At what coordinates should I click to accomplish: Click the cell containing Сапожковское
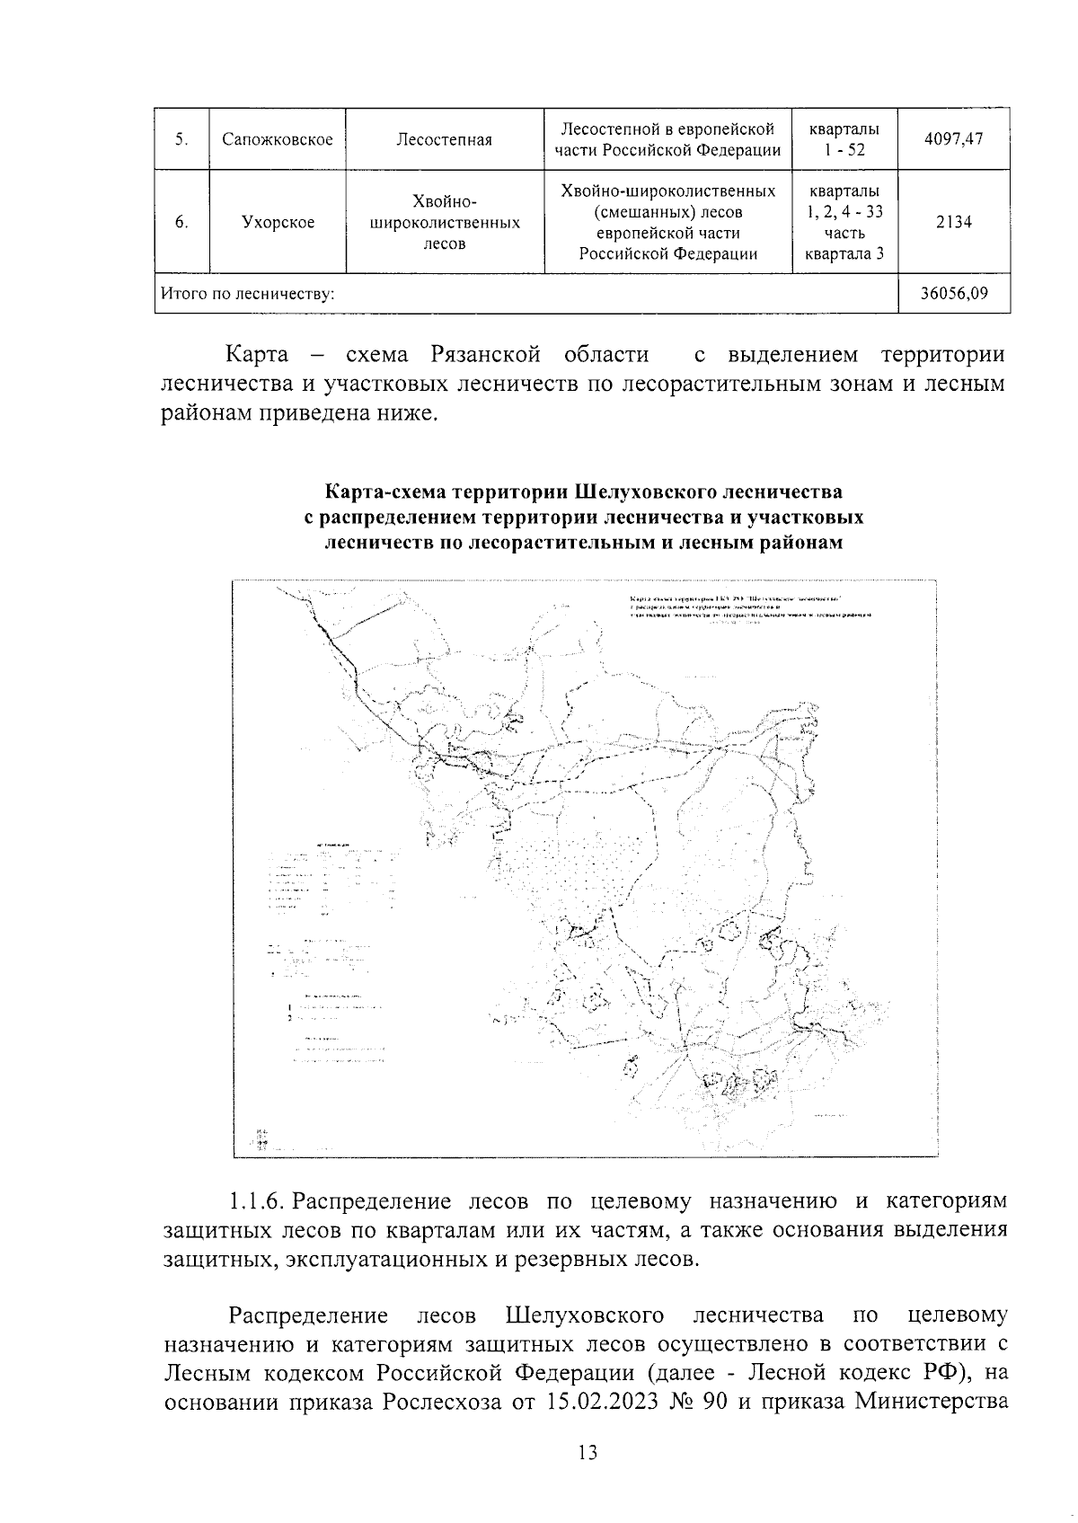[x=277, y=139]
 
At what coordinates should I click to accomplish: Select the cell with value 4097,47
[x=953, y=139]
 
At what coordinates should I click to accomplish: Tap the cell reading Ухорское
[x=278, y=222]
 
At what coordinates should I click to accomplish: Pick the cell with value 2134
[x=953, y=222]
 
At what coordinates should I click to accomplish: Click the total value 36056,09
[x=953, y=294]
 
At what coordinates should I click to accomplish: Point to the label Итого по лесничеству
[x=248, y=294]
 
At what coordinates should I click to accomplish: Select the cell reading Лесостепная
[x=444, y=139]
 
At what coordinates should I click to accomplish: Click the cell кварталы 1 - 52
[x=844, y=139]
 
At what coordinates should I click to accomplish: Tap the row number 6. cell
[x=181, y=222]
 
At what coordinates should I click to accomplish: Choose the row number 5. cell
[x=181, y=139]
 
